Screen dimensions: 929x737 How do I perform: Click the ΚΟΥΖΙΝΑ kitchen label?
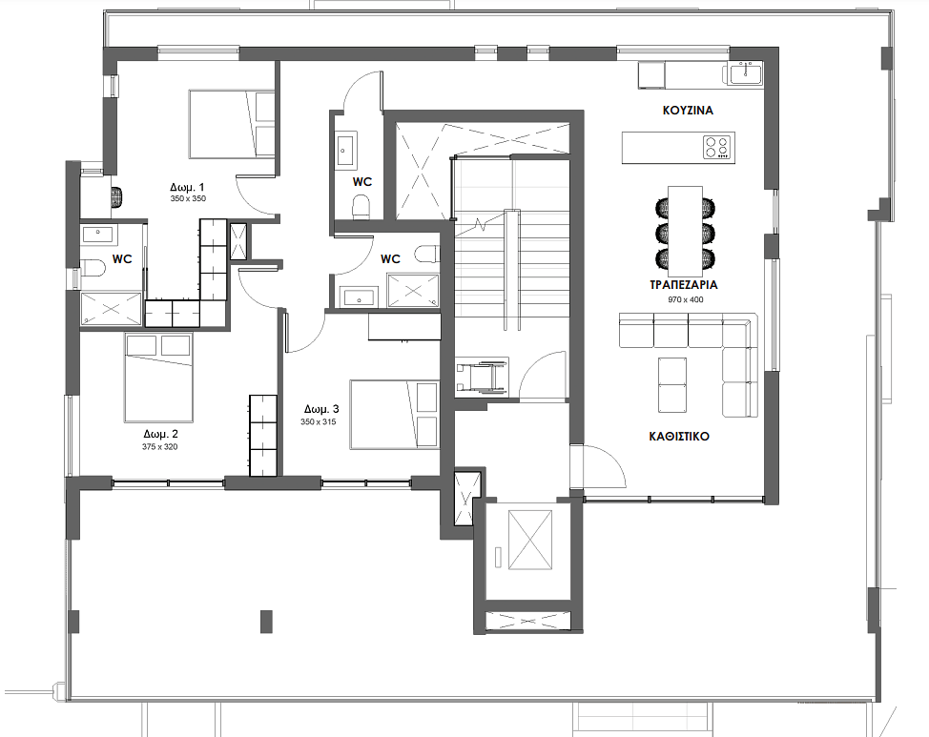(x=688, y=111)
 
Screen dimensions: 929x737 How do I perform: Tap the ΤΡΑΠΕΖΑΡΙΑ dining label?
(x=684, y=285)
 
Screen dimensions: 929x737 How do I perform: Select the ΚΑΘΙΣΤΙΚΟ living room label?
(x=679, y=437)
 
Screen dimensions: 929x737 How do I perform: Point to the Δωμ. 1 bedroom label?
(x=187, y=187)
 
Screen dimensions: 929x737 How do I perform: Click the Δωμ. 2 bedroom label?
(x=160, y=434)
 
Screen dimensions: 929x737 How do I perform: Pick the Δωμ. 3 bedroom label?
(x=321, y=409)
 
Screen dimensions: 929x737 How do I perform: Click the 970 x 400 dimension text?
(x=686, y=299)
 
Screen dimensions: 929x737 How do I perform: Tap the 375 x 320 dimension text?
(x=159, y=447)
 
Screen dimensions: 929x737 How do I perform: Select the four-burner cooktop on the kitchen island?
(x=717, y=148)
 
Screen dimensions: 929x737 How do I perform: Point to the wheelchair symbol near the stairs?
(x=482, y=377)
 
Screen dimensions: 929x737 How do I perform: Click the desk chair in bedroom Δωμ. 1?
(x=118, y=197)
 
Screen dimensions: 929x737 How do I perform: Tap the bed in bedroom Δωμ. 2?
(x=158, y=378)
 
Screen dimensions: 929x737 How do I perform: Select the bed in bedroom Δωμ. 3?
(x=394, y=415)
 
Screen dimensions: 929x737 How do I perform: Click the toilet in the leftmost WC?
(x=93, y=268)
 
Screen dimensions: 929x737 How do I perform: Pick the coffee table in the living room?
(x=672, y=385)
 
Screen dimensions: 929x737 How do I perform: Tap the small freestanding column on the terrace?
(x=267, y=622)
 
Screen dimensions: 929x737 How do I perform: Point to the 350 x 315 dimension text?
(x=319, y=421)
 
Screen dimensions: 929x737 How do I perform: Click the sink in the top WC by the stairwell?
(x=344, y=151)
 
